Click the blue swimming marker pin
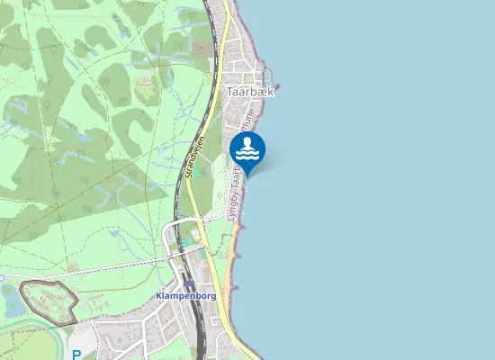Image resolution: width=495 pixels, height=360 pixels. pyautogui.click(x=247, y=149)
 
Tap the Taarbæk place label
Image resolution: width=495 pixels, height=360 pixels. pyautogui.click(x=249, y=91)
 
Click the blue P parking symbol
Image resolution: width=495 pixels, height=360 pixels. pyautogui.click(x=76, y=355)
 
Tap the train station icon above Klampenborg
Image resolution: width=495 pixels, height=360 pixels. pyautogui.click(x=189, y=283)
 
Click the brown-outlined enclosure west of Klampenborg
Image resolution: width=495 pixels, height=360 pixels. pyautogui.click(x=45, y=301)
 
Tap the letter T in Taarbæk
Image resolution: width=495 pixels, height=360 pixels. pyautogui.click(x=230, y=91)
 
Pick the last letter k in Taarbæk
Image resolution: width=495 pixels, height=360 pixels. pyautogui.click(x=269, y=91)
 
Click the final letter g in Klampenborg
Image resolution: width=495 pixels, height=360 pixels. pyautogui.click(x=214, y=296)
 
